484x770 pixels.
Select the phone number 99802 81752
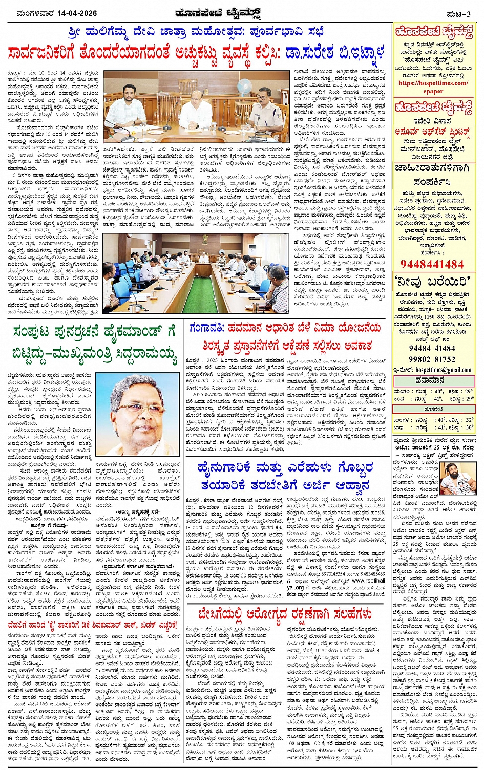pyautogui.click(x=432, y=359)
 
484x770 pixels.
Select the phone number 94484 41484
pyautogui.click(x=432, y=348)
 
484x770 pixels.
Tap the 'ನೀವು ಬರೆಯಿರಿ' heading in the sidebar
pyautogui.click(x=433, y=281)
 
